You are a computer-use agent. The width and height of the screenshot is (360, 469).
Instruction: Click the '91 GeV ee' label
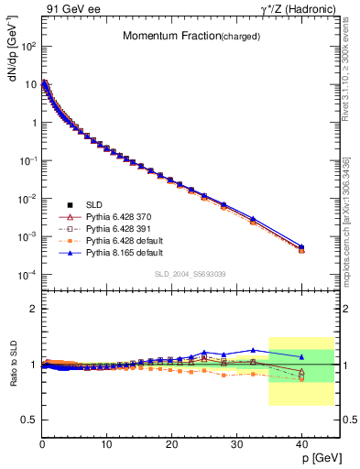click(x=69, y=8)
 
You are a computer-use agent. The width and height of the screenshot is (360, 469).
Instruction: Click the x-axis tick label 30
click(x=236, y=443)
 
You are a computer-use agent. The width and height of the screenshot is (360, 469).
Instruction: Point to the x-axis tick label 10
click(x=106, y=443)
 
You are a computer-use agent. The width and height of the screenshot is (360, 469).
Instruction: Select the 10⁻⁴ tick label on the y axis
click(x=28, y=275)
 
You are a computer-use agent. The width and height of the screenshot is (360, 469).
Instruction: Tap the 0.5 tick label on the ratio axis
click(x=28, y=420)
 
